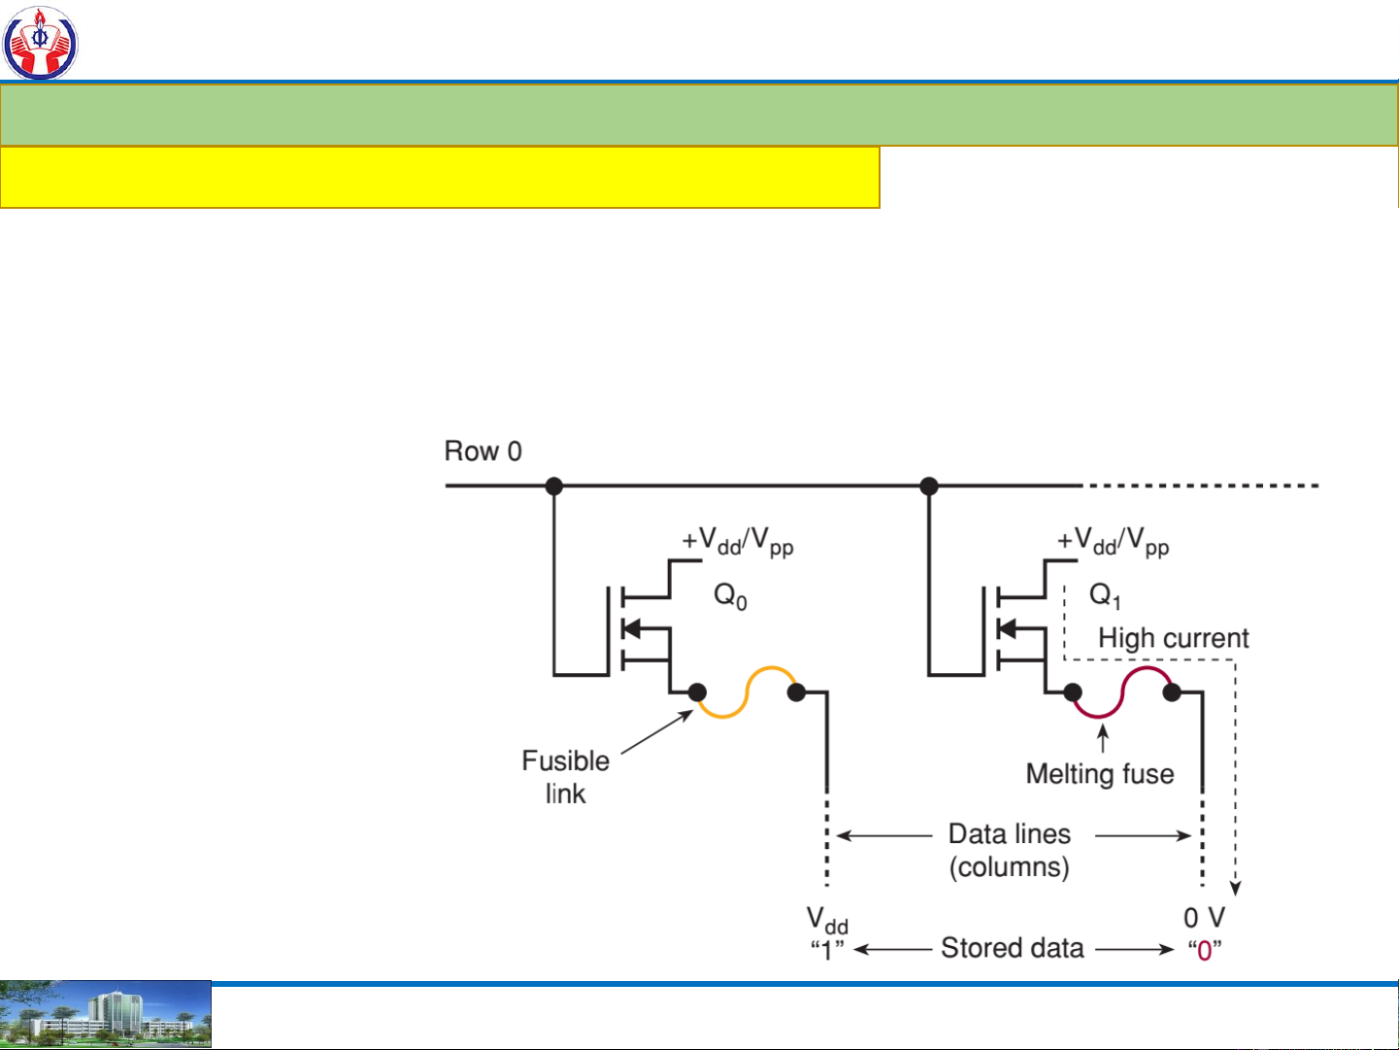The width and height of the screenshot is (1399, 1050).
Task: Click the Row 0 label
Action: click(483, 452)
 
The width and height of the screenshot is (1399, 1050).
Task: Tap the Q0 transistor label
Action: click(730, 595)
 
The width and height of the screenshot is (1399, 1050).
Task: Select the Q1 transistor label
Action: click(1105, 595)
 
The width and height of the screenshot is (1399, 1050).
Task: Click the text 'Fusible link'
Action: click(566, 776)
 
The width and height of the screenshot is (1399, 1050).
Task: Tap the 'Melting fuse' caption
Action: click(1100, 774)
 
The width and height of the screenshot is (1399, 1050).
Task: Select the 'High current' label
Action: click(1173, 638)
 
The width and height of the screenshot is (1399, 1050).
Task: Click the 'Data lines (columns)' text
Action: click(1010, 850)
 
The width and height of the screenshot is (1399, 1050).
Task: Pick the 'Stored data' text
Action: click(1012, 948)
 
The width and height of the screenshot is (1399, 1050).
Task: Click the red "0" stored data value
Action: click(1205, 950)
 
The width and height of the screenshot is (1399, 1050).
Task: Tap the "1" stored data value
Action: click(827, 950)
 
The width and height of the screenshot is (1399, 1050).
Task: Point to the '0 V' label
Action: click(1204, 918)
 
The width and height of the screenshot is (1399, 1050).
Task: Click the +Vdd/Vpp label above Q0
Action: click(738, 542)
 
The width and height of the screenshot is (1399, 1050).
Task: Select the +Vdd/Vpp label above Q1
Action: click(1113, 542)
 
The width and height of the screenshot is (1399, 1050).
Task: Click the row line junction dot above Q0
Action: click(554, 486)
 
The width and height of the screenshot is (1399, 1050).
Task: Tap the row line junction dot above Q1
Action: click(929, 486)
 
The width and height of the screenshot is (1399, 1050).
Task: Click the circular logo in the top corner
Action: click(40, 42)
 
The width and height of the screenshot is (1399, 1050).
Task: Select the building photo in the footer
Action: click(105, 1015)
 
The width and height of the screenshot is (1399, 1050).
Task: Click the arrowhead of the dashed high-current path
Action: click(1236, 887)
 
